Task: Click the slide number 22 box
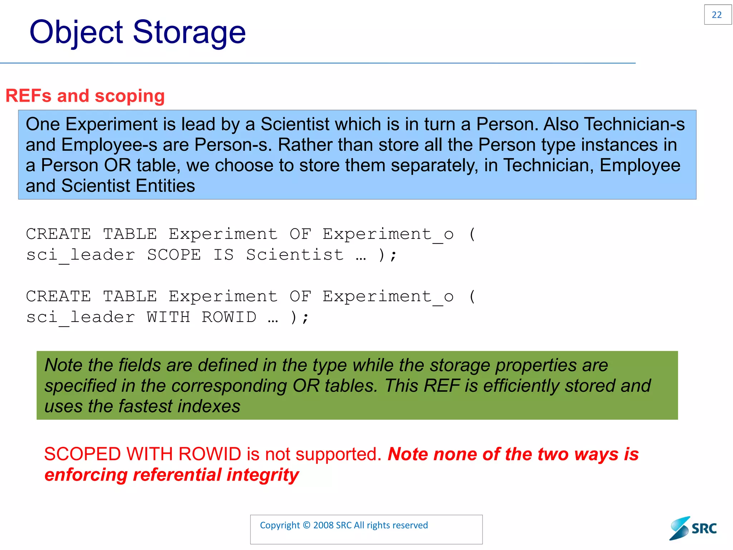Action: pyautogui.click(x=717, y=15)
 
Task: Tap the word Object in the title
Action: pyautogui.click(x=76, y=32)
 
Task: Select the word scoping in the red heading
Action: pyautogui.click(x=130, y=96)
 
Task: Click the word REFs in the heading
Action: pyautogui.click(x=29, y=96)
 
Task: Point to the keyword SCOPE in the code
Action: pyautogui.click(x=174, y=255)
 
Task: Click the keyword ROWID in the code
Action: pyautogui.click(x=229, y=317)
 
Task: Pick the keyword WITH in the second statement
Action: pyautogui.click(x=168, y=317)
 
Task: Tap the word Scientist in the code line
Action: pyautogui.click(x=295, y=255)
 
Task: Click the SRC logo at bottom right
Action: pyautogui.click(x=693, y=528)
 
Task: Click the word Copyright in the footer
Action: pyautogui.click(x=280, y=525)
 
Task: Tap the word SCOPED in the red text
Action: pyautogui.click(x=82, y=454)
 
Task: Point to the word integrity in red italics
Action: pyautogui.click(x=263, y=475)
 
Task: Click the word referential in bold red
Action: pyautogui.click(x=177, y=475)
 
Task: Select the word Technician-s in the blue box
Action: pyautogui.click(x=634, y=124)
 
